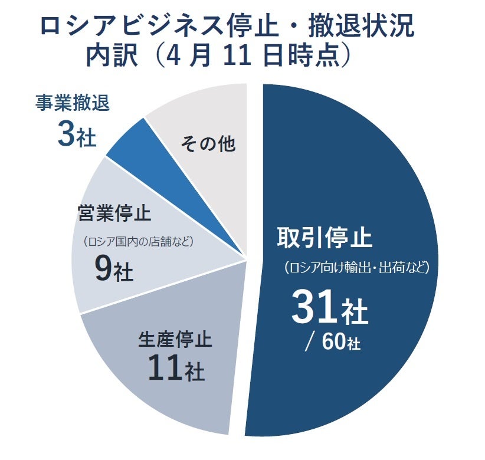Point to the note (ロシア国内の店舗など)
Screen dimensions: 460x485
click(138, 241)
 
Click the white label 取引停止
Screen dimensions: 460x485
click(325, 238)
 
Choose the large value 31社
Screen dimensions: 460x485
click(329, 310)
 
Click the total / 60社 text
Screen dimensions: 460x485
click(332, 343)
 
